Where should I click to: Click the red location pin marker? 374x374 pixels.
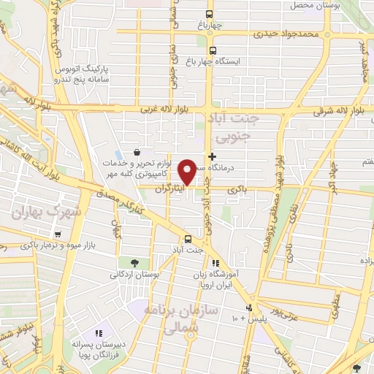click(x=188, y=172)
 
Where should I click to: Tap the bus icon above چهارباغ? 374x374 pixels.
click(x=210, y=14)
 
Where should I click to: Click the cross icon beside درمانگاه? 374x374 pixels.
click(x=213, y=156)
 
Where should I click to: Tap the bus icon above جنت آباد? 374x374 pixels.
click(x=188, y=239)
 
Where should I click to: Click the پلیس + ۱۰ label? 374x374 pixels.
click(x=249, y=319)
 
